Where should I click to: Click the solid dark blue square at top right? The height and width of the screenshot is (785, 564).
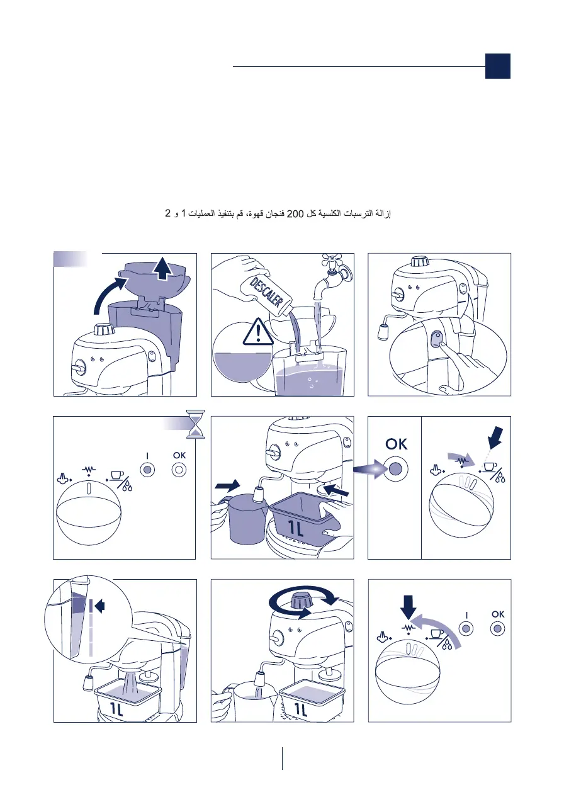(x=497, y=66)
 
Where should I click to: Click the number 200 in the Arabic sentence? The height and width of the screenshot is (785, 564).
(x=295, y=213)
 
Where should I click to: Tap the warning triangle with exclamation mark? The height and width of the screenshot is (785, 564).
(x=258, y=332)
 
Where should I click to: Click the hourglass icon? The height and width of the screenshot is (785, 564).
(x=195, y=424)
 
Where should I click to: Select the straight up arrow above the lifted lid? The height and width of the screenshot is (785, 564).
(x=163, y=268)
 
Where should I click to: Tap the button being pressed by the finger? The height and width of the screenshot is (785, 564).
(x=437, y=339)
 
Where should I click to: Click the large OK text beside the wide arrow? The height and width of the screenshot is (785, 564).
(x=396, y=444)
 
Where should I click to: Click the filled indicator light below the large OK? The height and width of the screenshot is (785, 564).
(x=395, y=468)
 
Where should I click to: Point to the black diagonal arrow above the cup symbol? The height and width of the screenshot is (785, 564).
(x=495, y=438)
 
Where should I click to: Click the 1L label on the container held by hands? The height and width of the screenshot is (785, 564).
(x=295, y=528)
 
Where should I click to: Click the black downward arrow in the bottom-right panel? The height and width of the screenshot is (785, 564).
(x=409, y=607)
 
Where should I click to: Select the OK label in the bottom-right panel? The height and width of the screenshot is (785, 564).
(x=498, y=614)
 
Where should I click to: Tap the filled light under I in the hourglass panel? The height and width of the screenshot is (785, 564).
(x=147, y=470)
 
